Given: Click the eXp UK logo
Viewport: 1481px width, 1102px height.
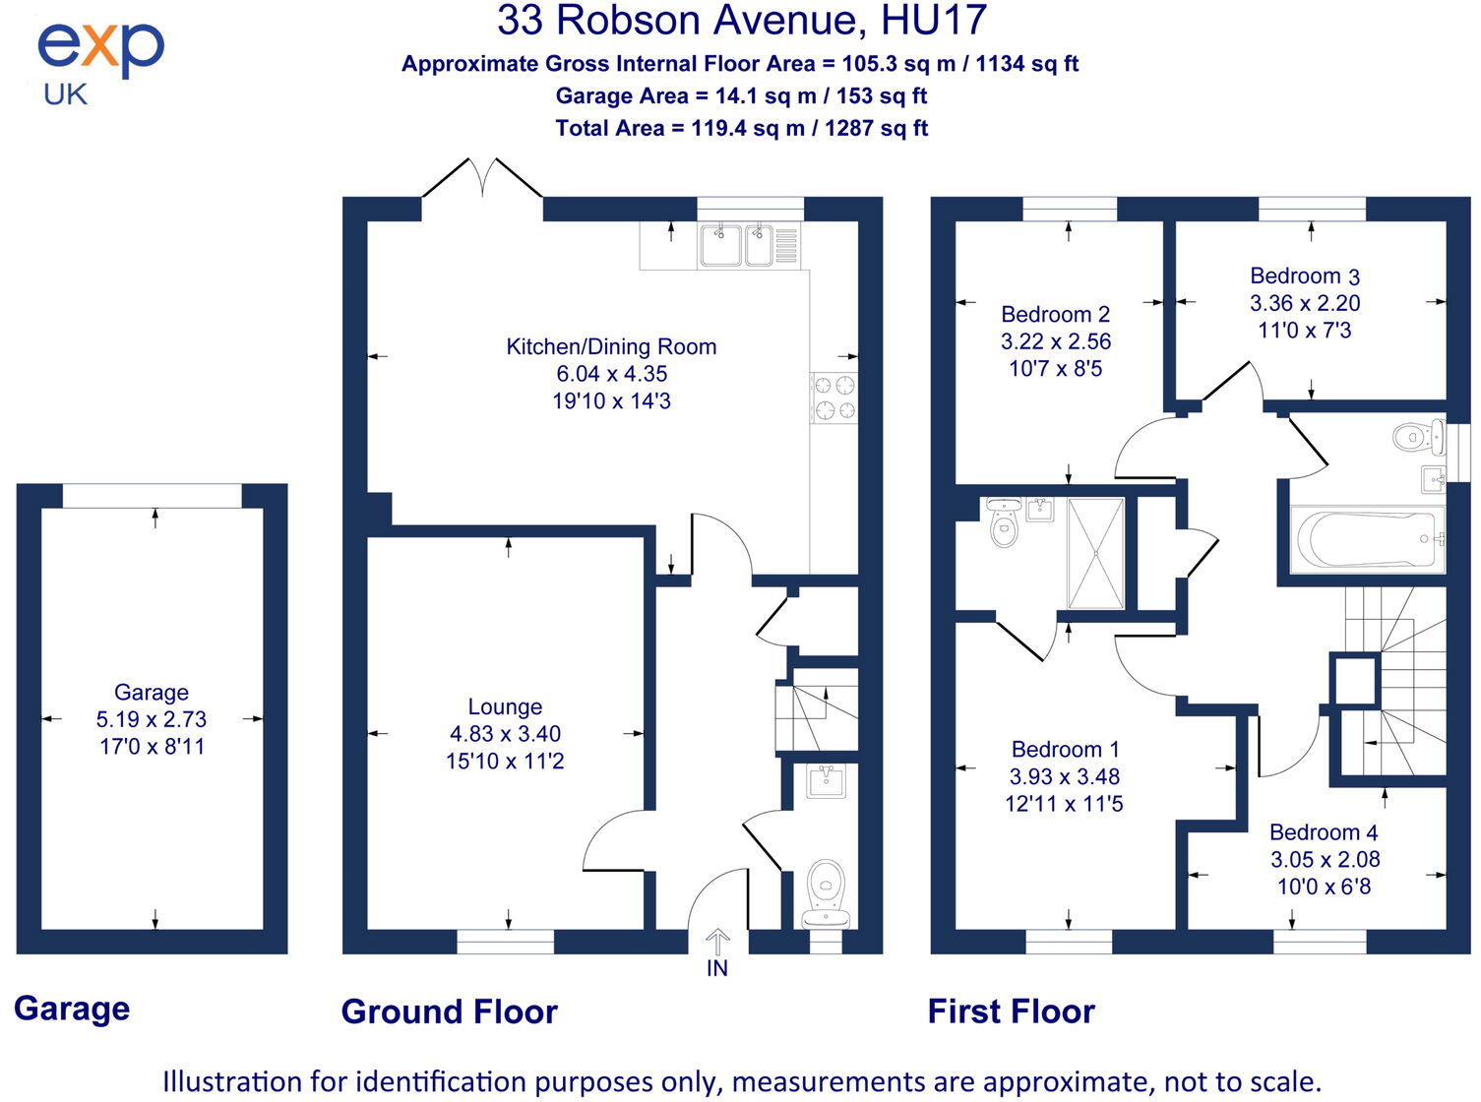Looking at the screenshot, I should pyautogui.click(x=99, y=61).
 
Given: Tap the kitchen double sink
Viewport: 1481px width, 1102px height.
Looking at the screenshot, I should pyautogui.click(x=735, y=246).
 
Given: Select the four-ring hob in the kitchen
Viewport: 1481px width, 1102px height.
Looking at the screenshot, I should pyautogui.click(x=833, y=398).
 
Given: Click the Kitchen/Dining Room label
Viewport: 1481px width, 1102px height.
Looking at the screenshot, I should pyautogui.click(x=611, y=346).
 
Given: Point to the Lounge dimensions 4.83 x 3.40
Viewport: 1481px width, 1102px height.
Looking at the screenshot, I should pyautogui.click(x=505, y=734).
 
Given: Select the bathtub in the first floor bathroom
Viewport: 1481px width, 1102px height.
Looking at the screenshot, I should pyautogui.click(x=1368, y=539).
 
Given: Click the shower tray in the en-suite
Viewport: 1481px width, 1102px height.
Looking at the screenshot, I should pyautogui.click(x=1094, y=552).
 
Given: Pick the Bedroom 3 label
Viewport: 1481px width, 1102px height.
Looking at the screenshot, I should pyautogui.click(x=1305, y=276).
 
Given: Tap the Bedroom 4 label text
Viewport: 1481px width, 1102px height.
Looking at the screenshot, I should pyautogui.click(x=1324, y=832).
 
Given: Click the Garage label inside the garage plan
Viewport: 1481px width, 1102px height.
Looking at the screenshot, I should pyautogui.click(x=152, y=692).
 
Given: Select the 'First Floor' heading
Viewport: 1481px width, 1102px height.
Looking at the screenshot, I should pyautogui.click(x=1011, y=1011).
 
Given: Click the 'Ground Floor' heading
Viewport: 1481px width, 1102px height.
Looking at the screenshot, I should pyautogui.click(x=449, y=1011).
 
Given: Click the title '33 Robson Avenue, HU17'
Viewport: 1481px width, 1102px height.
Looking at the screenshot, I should pyautogui.click(x=741, y=22).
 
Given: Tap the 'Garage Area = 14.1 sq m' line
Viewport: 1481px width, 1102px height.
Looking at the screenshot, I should pyautogui.click(x=741, y=96).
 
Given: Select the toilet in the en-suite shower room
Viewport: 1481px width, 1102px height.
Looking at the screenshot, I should pyautogui.click(x=1003, y=525).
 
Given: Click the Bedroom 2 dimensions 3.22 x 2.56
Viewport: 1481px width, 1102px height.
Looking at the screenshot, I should pyautogui.click(x=1055, y=341).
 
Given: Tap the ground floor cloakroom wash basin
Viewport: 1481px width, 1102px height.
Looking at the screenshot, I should pyautogui.click(x=825, y=781).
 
